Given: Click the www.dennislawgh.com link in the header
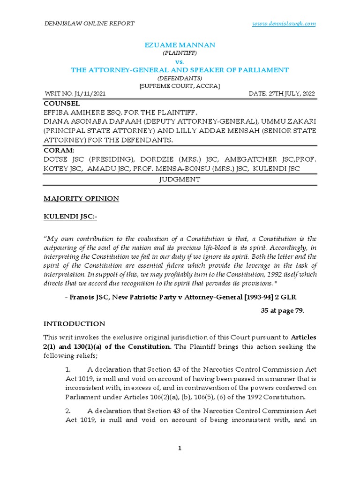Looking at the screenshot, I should (x=290, y=23).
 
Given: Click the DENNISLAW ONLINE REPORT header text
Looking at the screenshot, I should (x=89, y=23).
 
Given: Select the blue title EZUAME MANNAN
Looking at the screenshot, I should (x=180, y=45).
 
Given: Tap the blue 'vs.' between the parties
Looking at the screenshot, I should (x=180, y=61).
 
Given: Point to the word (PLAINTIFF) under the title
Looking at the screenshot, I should (x=180, y=53).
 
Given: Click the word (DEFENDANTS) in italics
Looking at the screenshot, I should (x=180, y=78).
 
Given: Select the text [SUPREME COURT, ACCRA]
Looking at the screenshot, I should (x=180, y=86).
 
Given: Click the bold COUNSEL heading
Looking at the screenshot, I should (x=61, y=103).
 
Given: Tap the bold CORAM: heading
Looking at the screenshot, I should (x=59, y=151).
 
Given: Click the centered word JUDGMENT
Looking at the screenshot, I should (x=180, y=180).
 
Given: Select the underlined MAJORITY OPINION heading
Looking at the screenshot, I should (x=81, y=199).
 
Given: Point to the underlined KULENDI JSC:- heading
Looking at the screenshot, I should (x=71, y=217).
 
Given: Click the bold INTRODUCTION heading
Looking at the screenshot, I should (x=75, y=324).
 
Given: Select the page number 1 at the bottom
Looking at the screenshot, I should (x=180, y=449).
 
